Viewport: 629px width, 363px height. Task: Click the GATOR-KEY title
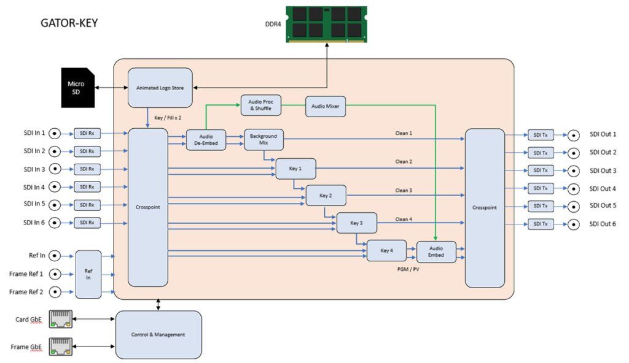click(69, 24)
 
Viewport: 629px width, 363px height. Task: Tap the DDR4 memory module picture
click(327, 25)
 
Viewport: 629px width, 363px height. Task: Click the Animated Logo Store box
click(160, 88)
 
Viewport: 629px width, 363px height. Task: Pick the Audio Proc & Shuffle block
click(260, 105)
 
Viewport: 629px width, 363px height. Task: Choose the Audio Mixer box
click(326, 105)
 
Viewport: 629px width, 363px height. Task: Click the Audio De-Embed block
click(206, 140)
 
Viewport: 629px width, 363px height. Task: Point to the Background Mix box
click(264, 139)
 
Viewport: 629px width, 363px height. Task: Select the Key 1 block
click(295, 168)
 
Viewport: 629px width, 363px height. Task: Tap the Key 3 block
click(356, 223)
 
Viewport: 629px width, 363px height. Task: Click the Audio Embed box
click(436, 251)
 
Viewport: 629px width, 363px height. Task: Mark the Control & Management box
click(158, 334)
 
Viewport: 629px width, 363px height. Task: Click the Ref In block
click(88, 274)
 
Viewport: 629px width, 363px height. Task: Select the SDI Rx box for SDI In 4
click(87, 187)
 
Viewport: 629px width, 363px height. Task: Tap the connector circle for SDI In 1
click(55, 132)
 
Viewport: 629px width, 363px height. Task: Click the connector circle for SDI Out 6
click(573, 224)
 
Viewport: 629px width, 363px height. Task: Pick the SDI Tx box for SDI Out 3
click(541, 170)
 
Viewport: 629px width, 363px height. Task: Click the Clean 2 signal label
click(404, 162)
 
